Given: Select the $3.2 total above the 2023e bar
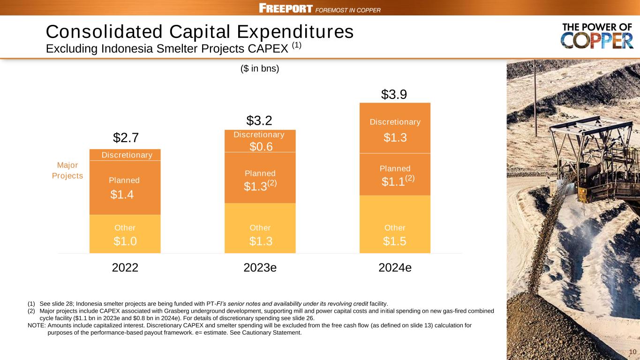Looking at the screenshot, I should [x=259, y=120].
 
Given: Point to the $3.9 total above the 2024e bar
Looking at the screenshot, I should [x=394, y=95].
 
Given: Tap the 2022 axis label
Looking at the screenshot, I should [x=125, y=268].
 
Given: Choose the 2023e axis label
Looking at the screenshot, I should [x=260, y=268].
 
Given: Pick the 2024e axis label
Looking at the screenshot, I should [x=395, y=268].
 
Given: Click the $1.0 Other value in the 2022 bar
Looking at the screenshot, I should [x=125, y=241].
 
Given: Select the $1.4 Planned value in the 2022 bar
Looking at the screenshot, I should [x=122, y=195].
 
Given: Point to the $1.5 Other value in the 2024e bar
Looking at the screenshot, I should [x=395, y=241].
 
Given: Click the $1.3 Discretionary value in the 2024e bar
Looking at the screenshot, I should [x=395, y=137].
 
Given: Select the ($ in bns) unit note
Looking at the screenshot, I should [x=260, y=68].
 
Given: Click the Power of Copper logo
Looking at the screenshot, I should [x=597, y=36].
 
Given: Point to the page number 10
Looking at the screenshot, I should [x=632, y=352].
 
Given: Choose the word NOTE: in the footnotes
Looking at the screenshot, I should [x=37, y=325].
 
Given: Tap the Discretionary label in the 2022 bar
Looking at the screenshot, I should [x=127, y=155].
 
